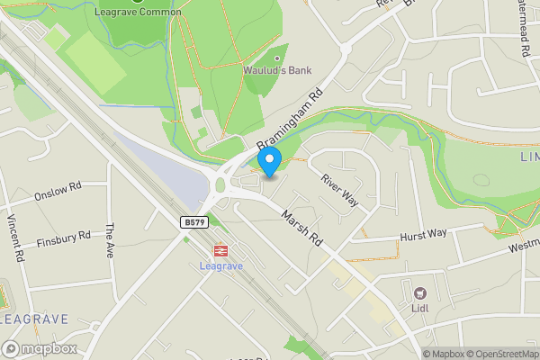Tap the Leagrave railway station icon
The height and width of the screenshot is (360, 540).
point(218,252)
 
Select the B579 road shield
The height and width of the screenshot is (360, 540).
point(188,220)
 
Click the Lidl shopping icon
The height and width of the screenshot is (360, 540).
point(419,293)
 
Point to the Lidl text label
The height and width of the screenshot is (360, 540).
point(419,310)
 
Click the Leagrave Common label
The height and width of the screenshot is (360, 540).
point(138,13)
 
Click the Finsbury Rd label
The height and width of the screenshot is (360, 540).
point(64,239)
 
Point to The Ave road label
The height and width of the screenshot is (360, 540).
point(111,241)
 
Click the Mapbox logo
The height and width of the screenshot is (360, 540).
point(40,348)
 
